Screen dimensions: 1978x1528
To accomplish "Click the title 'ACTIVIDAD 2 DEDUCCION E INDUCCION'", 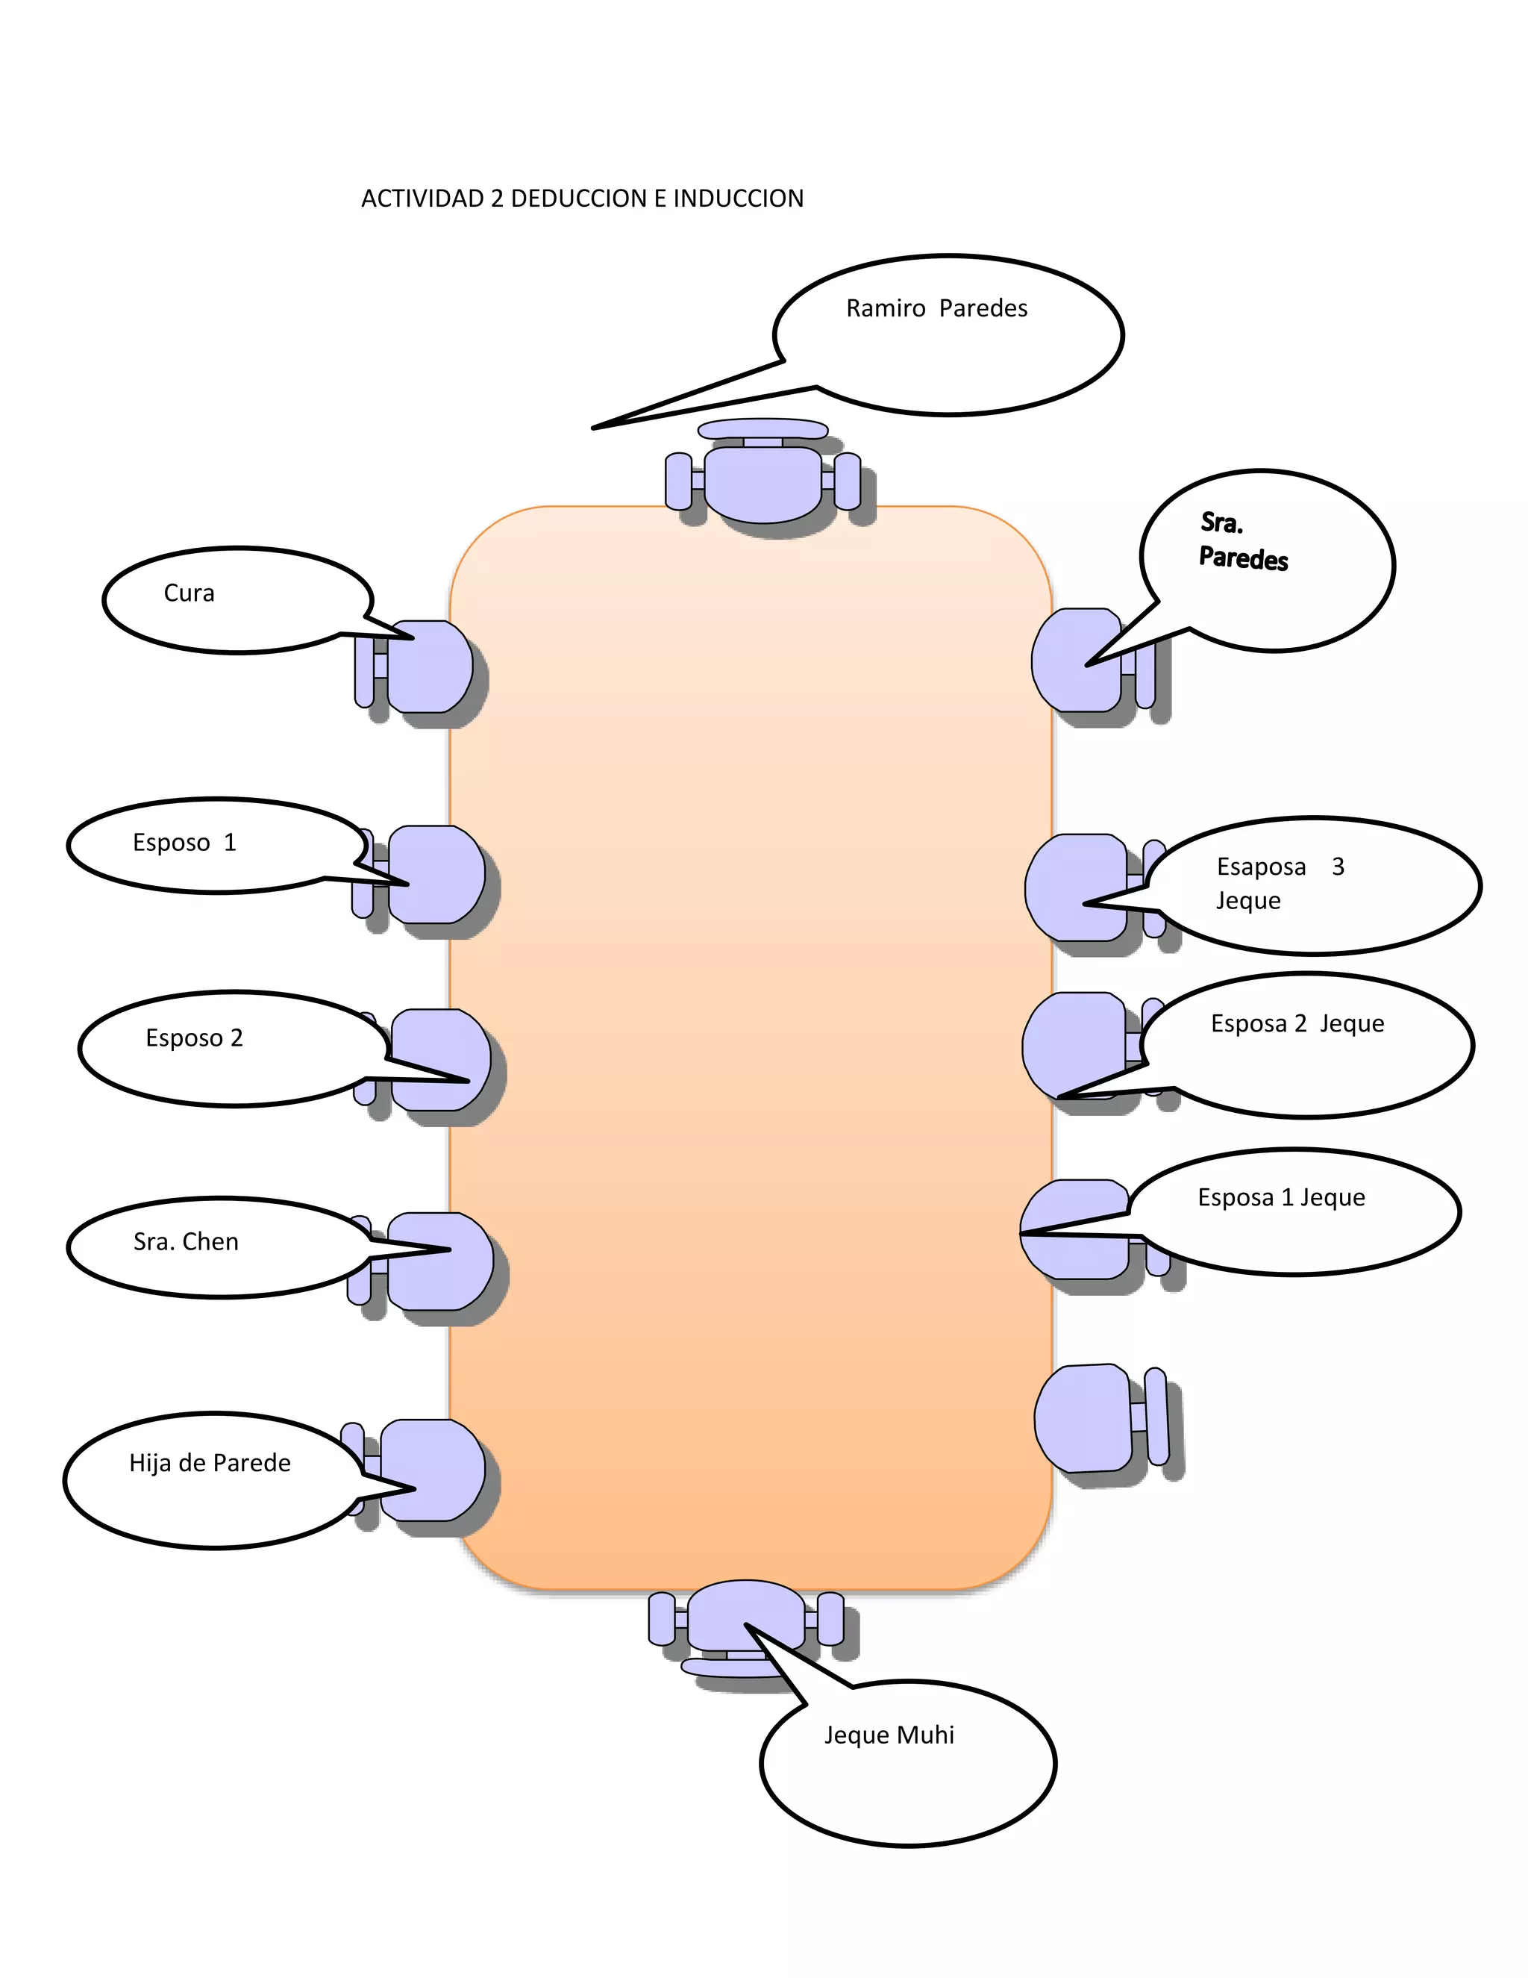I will coord(582,199).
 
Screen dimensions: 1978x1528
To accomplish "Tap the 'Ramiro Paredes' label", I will coord(936,309).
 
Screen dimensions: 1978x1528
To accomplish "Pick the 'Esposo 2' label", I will coord(194,1038).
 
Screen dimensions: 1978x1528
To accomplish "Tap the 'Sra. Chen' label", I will coord(186,1242).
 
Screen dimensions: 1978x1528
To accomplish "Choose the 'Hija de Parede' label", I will coord(209,1463).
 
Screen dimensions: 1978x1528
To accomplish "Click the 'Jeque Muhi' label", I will coord(888,1735).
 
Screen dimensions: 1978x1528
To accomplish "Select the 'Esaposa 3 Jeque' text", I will coord(1278,883).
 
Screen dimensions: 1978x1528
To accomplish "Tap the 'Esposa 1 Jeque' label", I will coord(1280,1197).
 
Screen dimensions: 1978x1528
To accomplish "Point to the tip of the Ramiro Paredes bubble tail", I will coord(594,428).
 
